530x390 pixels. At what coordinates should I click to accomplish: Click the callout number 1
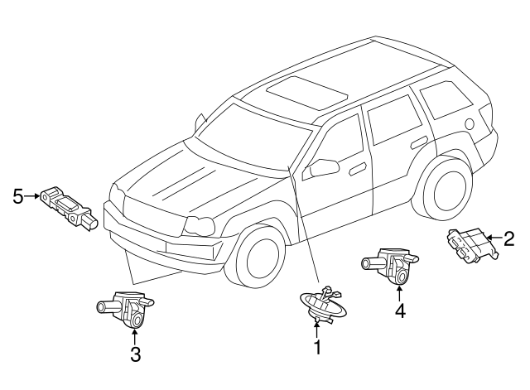(316, 349)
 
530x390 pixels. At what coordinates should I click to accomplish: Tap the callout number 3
(135, 355)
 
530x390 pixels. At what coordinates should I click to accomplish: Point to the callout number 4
(400, 311)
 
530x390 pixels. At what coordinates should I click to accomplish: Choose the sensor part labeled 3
(124, 308)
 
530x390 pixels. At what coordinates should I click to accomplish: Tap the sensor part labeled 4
(388, 264)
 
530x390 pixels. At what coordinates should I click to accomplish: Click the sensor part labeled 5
(69, 202)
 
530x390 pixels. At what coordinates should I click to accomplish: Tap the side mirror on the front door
(322, 168)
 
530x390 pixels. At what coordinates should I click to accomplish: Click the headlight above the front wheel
(200, 224)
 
